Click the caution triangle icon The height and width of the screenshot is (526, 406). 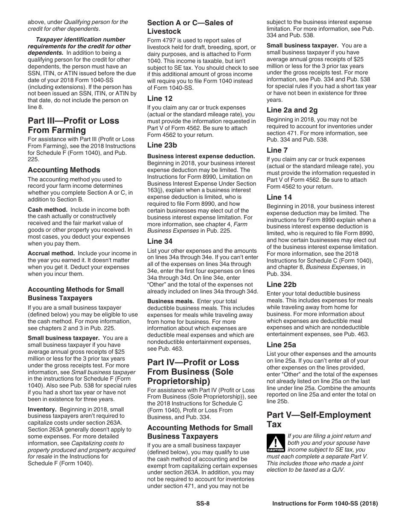275,443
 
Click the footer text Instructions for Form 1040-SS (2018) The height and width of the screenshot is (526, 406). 325,504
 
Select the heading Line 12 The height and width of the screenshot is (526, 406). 160,98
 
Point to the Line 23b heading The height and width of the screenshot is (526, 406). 162,145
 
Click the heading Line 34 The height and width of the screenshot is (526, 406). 160,241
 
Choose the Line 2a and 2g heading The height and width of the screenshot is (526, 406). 292,110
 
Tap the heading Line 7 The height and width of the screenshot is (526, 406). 277,150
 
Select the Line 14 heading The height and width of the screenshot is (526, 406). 279,197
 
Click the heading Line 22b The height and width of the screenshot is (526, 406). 281,284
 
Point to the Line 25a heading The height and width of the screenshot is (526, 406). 281,345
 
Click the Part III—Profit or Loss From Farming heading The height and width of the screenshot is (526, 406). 73,125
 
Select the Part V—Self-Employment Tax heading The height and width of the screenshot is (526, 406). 318,420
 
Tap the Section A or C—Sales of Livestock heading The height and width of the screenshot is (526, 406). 190,27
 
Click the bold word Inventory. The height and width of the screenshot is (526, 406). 42,409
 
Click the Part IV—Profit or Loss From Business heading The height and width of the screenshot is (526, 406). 193,372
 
